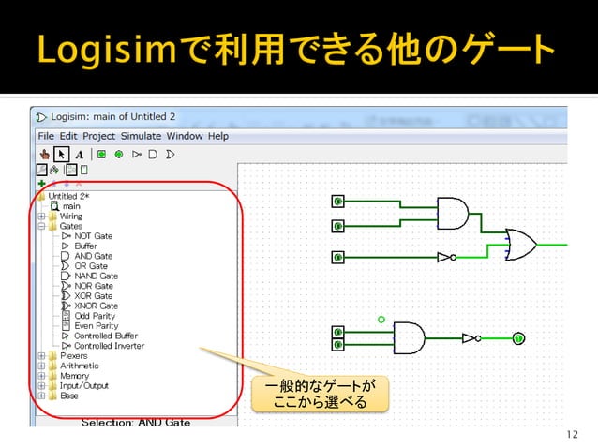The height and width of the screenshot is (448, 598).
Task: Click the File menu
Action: point(45,136)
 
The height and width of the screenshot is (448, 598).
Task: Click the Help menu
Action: point(218,136)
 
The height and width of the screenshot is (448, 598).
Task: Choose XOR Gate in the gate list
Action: point(94,295)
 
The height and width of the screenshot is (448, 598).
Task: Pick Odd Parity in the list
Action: point(95,316)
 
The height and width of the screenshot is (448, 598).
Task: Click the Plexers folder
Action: point(74,356)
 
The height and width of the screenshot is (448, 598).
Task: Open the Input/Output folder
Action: point(83,385)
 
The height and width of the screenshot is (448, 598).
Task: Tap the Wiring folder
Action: point(71,216)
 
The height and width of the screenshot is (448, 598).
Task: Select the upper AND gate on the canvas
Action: point(453,214)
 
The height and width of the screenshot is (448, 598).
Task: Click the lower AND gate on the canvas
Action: point(409,337)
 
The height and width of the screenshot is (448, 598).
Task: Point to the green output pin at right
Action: point(517,338)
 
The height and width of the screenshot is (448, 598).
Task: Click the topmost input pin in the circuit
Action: point(337,201)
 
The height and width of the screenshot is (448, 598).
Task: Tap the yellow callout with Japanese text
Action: point(319,394)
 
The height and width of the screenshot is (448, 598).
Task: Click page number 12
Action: point(574,434)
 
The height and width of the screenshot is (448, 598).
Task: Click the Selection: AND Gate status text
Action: point(136,423)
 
